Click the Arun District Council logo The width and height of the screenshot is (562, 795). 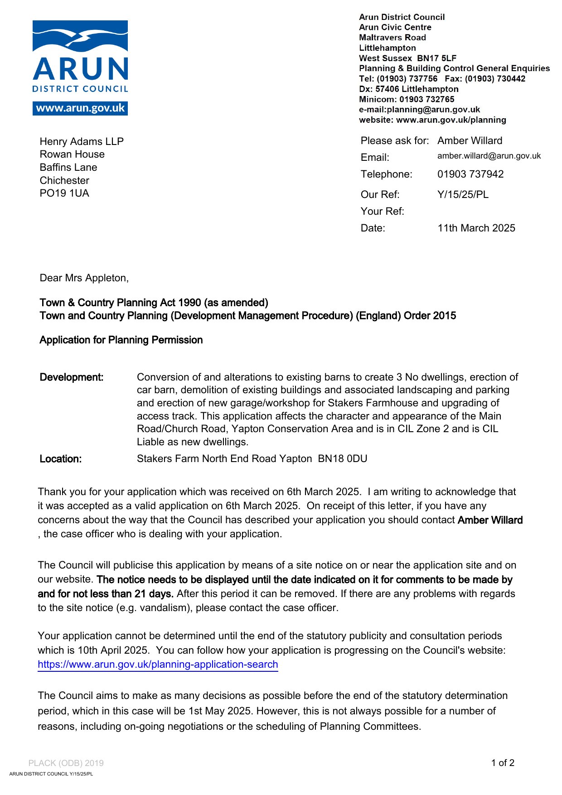80,57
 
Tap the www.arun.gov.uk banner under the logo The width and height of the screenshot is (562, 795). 80,108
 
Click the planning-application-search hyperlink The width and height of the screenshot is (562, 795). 158,665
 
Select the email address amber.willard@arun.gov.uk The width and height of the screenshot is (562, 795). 489,156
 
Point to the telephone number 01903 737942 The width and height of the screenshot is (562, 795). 470,174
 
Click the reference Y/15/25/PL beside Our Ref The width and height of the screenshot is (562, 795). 463,195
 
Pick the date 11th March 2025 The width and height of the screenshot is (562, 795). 476,228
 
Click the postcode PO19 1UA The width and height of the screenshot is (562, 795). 64,193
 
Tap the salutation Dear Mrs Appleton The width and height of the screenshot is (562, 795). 84,278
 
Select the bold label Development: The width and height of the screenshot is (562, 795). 72,377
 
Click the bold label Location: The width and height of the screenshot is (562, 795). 61,459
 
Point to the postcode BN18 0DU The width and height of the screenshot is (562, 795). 343,459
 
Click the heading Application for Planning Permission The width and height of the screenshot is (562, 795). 121,340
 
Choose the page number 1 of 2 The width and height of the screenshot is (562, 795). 503,763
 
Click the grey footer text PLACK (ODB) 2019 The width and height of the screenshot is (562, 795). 66,763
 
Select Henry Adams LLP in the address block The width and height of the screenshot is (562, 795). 82,142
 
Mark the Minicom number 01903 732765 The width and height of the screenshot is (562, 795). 426,100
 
